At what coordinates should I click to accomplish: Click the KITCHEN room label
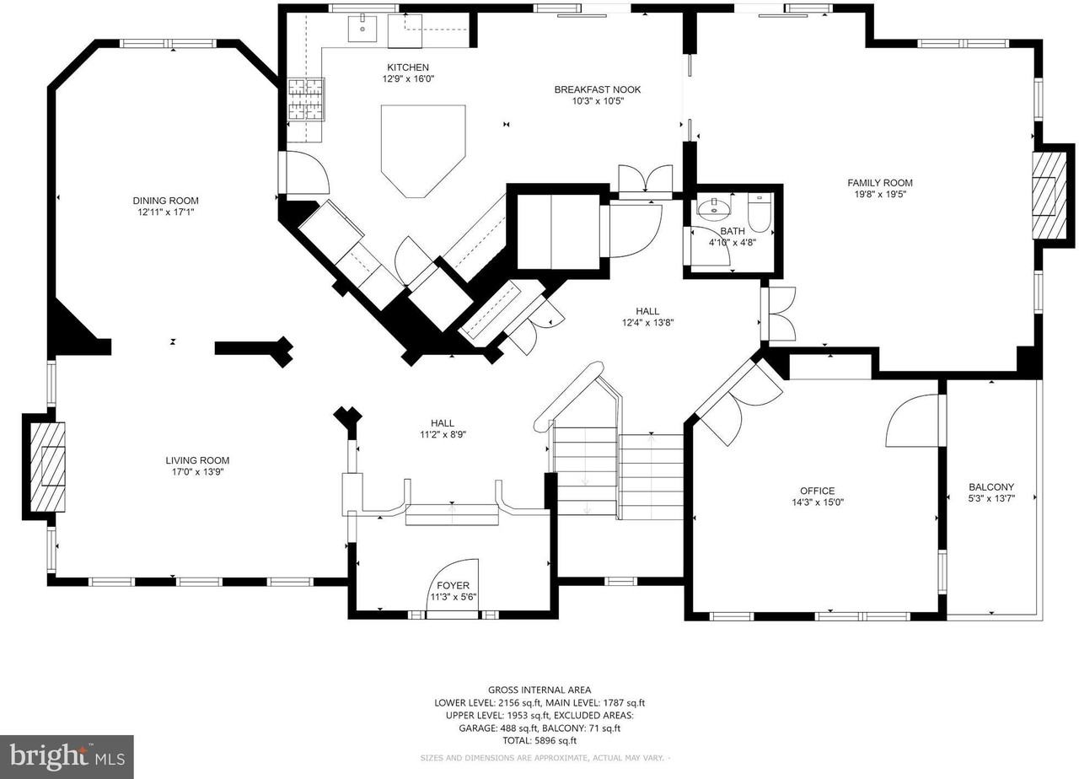(x=408, y=67)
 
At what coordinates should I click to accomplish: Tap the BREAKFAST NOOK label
(x=598, y=89)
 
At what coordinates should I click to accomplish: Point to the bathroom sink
(x=714, y=207)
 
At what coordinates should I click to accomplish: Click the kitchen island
(x=422, y=148)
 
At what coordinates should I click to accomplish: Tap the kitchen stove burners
(x=305, y=99)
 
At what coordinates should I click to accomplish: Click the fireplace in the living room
(x=47, y=465)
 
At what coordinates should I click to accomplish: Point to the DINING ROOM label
(x=165, y=201)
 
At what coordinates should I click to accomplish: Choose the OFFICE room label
(x=817, y=491)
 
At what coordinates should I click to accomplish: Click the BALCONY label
(x=990, y=486)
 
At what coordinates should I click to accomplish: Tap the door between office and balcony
(x=915, y=422)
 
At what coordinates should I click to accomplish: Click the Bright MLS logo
(x=67, y=756)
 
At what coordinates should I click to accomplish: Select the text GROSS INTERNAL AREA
(x=539, y=690)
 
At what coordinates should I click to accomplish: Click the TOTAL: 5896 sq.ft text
(x=539, y=741)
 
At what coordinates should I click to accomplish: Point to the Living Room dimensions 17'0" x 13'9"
(x=197, y=472)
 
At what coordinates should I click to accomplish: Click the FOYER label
(x=453, y=586)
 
